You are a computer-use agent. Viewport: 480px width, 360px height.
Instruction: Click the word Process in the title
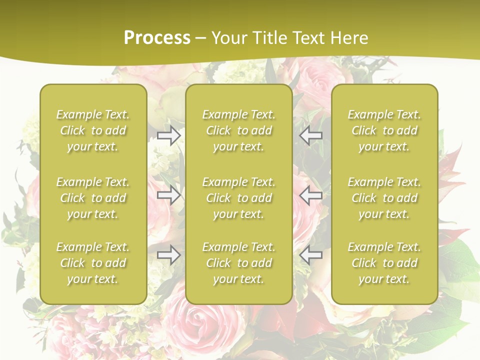(157, 38)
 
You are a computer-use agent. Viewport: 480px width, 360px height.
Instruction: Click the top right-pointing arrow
(169, 135)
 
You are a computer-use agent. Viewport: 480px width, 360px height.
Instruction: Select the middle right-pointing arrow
(169, 195)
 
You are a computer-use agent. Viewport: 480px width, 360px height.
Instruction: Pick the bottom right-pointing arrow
(169, 255)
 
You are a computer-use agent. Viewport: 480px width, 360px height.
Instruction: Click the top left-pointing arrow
(310, 135)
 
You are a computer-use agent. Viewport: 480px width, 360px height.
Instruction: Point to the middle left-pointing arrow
(310, 195)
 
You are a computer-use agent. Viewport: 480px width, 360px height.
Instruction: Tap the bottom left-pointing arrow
(310, 255)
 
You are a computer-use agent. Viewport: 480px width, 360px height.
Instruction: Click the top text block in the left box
(93, 130)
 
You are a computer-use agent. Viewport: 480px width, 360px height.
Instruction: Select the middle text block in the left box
(93, 198)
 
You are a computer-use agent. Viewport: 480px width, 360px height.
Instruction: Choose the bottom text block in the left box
(93, 263)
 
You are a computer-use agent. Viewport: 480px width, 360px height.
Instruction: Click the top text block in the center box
(239, 130)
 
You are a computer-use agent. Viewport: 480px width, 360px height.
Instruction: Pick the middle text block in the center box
(239, 198)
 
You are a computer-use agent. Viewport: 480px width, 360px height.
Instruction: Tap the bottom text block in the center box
(239, 263)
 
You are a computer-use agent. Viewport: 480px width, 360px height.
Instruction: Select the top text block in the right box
(384, 130)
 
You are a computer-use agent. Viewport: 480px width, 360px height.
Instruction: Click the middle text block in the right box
(384, 198)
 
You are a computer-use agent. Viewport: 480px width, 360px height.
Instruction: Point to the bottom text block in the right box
(384, 263)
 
